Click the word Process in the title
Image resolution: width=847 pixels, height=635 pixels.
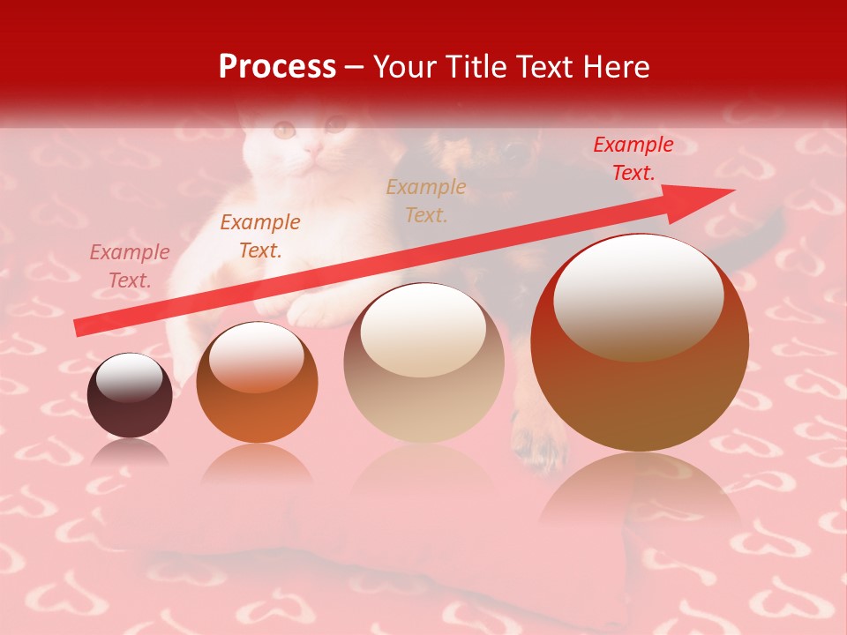277,66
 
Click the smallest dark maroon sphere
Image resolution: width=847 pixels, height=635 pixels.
130,395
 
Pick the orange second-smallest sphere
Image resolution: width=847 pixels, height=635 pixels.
257,382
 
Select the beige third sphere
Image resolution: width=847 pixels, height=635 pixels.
423,362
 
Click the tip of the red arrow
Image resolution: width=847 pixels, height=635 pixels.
732,190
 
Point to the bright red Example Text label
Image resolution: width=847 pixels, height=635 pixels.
633,159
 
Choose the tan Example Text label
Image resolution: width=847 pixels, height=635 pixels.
425,200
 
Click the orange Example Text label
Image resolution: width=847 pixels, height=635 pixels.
259,235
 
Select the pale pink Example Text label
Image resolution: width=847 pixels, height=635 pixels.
129,265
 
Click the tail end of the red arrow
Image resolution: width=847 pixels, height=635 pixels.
78,327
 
